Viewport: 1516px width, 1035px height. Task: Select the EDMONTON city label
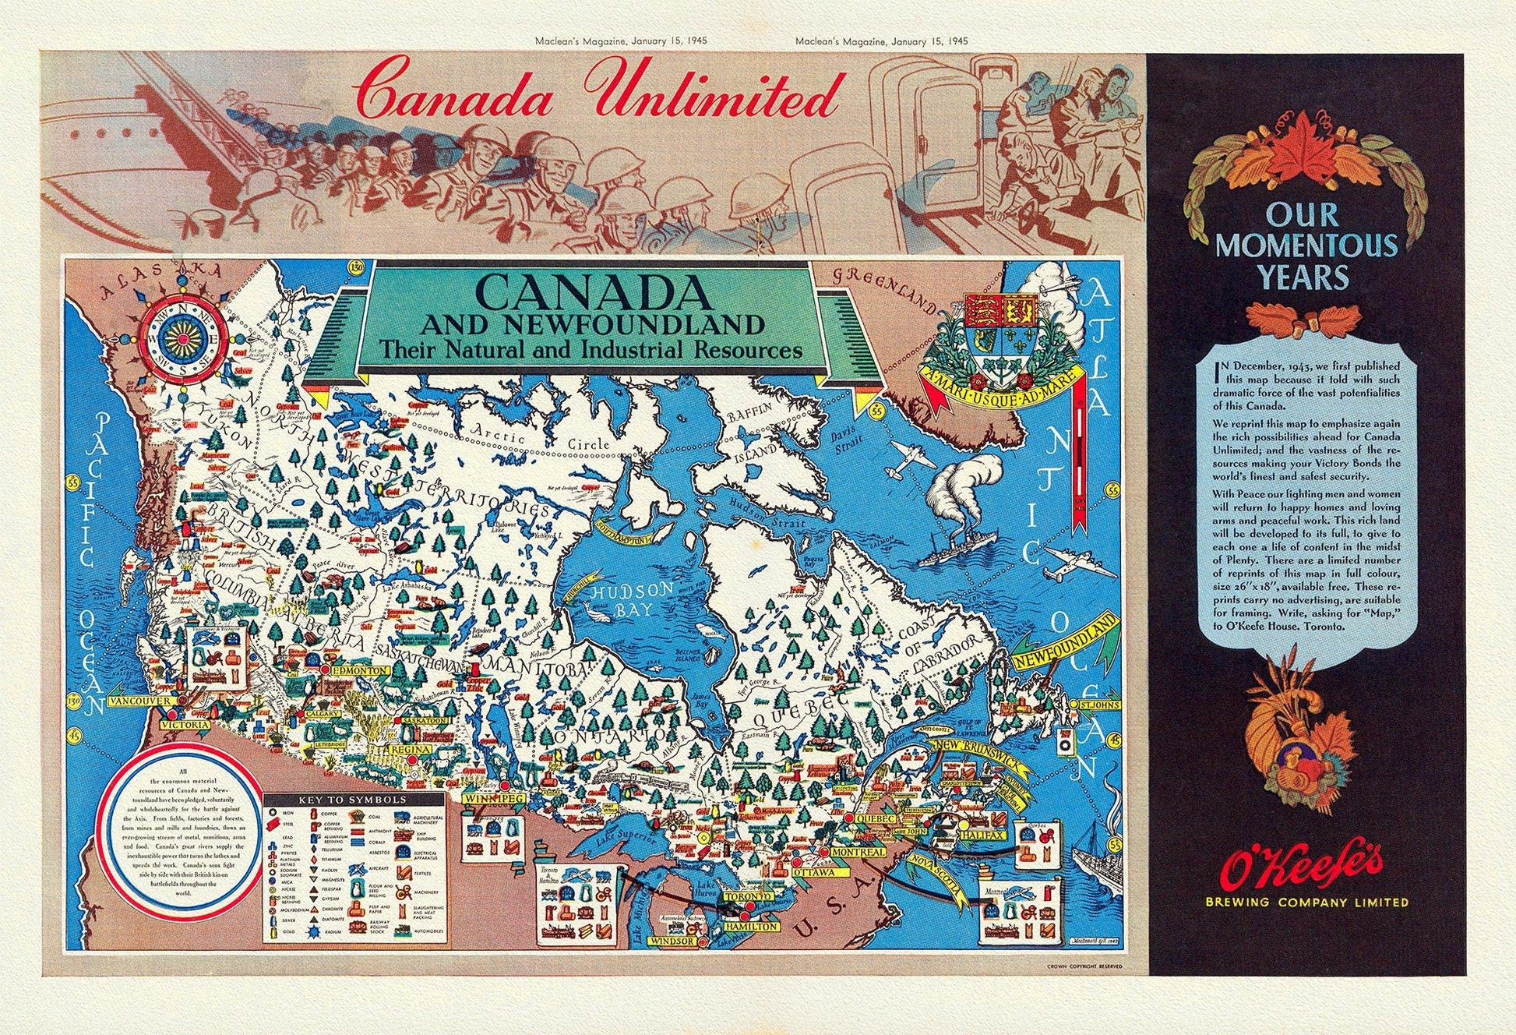click(359, 670)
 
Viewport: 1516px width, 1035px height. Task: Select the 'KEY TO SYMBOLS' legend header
click(354, 800)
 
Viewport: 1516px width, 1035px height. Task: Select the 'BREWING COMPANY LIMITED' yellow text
click(1306, 903)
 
